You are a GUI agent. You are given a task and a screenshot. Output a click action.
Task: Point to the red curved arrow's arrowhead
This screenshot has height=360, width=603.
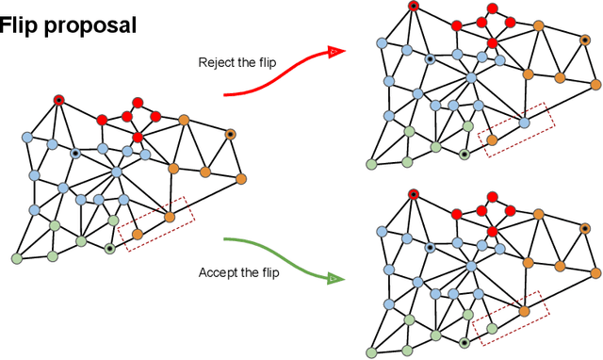(x=334, y=53)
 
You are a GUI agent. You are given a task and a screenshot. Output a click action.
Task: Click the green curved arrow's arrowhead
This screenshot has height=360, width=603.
(x=334, y=279)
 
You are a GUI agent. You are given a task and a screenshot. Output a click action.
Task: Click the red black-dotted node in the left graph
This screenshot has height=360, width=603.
(x=58, y=100)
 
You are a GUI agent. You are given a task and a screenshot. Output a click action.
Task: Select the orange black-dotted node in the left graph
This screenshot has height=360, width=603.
(x=229, y=135)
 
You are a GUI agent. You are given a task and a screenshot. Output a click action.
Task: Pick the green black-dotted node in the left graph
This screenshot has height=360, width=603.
(x=110, y=248)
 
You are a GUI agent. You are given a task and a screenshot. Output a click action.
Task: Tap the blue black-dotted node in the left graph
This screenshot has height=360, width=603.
(x=75, y=153)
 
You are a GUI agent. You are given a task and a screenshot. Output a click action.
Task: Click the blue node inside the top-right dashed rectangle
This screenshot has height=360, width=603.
(x=524, y=122)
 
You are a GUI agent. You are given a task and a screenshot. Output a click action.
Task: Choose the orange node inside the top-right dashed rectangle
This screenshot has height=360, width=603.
(x=491, y=139)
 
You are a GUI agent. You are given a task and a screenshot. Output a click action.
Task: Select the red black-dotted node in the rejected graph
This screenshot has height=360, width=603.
(x=413, y=7)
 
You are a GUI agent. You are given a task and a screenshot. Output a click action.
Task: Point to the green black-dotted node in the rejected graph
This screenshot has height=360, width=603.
(x=464, y=154)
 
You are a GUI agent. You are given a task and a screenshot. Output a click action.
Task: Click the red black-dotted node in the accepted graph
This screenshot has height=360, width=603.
(x=413, y=194)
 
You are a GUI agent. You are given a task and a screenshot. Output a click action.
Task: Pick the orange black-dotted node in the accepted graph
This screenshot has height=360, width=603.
(x=583, y=228)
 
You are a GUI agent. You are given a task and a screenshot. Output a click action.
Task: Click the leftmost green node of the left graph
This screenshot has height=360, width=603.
(x=17, y=257)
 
